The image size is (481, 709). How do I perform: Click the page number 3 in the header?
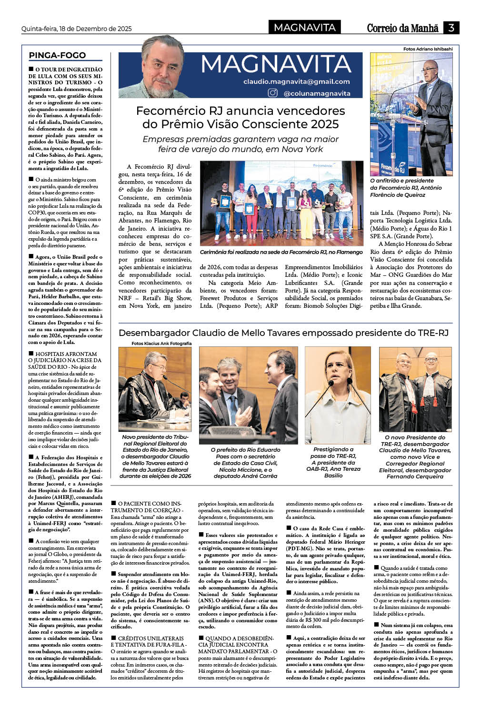tap(451, 28)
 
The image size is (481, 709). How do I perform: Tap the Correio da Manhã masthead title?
tap(402, 28)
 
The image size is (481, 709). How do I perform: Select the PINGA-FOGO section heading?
tap(57, 55)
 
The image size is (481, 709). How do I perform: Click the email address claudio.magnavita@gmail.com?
tap(296, 81)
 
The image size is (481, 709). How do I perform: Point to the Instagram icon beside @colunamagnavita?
tap(272, 93)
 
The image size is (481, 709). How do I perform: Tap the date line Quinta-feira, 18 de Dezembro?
tap(77, 29)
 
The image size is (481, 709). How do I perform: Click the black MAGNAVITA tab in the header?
tap(305, 28)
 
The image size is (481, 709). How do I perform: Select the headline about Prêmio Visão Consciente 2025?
tap(240, 117)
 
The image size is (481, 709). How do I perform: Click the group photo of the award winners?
tap(281, 203)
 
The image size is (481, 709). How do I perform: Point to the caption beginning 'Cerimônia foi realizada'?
tap(281, 252)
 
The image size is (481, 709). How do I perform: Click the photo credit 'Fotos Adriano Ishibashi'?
tap(428, 49)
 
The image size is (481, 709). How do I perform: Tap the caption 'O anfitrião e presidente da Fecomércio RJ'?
tap(406, 188)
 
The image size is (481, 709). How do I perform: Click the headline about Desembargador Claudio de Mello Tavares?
tap(283, 333)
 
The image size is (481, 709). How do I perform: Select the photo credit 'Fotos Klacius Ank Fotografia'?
tap(161, 343)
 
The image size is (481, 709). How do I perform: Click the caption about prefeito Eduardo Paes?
tap(245, 463)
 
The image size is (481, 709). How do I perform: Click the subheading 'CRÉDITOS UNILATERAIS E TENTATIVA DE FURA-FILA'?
tap(147, 641)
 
